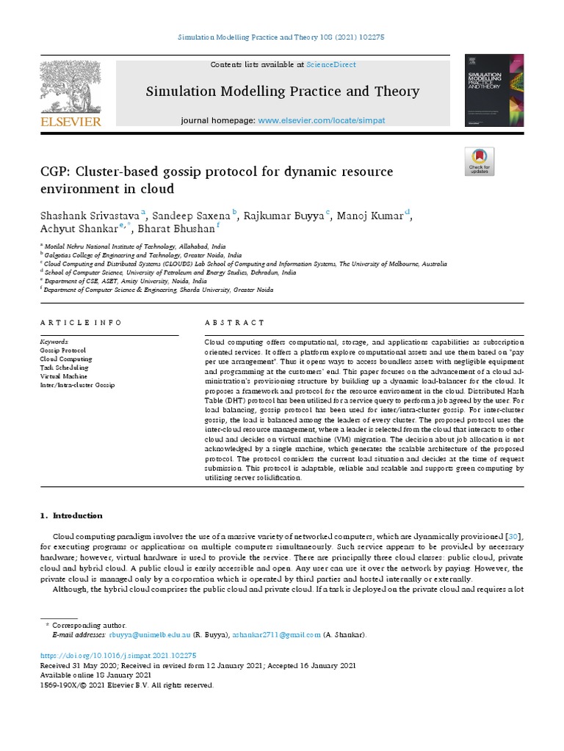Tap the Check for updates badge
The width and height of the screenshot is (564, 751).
(x=480, y=161)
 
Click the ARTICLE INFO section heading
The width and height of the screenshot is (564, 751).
(x=81, y=323)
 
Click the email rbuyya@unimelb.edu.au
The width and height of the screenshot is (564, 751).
(x=151, y=635)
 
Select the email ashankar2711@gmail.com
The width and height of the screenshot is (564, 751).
(x=277, y=635)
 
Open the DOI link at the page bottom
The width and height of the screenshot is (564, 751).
(x=117, y=655)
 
